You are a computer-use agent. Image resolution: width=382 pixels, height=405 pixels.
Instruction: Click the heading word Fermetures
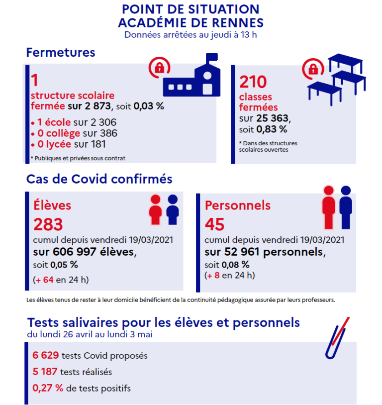pos(61,52)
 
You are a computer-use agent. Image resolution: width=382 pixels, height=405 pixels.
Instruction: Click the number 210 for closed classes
pos(253,82)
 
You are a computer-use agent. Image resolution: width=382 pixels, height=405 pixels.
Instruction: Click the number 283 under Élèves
pos(48,224)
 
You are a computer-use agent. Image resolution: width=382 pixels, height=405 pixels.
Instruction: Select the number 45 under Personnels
pos(215,224)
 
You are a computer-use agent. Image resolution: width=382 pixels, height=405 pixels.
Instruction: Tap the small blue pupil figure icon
pos(173,209)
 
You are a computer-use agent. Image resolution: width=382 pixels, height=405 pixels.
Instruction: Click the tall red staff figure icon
pos(328,206)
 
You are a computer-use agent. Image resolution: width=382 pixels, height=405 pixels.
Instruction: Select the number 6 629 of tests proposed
pos(46,355)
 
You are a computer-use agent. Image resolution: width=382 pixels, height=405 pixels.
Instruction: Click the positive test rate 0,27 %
pos(48,388)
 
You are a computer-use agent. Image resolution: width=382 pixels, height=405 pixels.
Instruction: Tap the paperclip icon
pos(337,339)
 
